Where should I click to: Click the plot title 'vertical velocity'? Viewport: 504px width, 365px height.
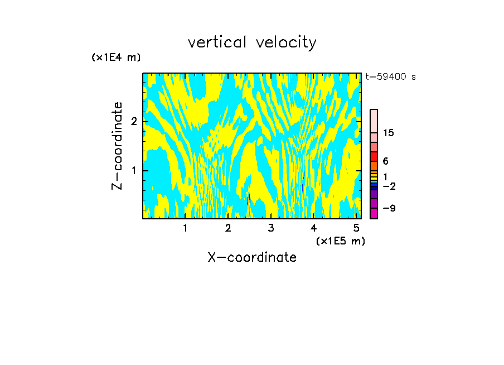click(252, 42)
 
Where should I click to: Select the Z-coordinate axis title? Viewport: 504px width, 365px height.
click(117, 146)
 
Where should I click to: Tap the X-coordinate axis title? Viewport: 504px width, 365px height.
click(252, 257)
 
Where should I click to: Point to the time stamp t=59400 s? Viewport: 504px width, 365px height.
click(390, 77)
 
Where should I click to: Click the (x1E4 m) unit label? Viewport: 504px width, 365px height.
click(116, 57)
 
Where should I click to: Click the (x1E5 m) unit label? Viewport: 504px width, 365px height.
click(340, 241)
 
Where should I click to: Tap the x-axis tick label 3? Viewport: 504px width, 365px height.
click(271, 228)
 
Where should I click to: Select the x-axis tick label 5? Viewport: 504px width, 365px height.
click(356, 228)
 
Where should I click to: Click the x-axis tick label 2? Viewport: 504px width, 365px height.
click(228, 228)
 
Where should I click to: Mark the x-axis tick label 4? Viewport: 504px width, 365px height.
click(313, 228)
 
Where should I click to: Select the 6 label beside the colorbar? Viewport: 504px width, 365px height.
click(385, 161)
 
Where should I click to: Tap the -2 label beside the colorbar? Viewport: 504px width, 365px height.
click(389, 186)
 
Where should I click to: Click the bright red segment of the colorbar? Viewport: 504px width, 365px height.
click(374, 156)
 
